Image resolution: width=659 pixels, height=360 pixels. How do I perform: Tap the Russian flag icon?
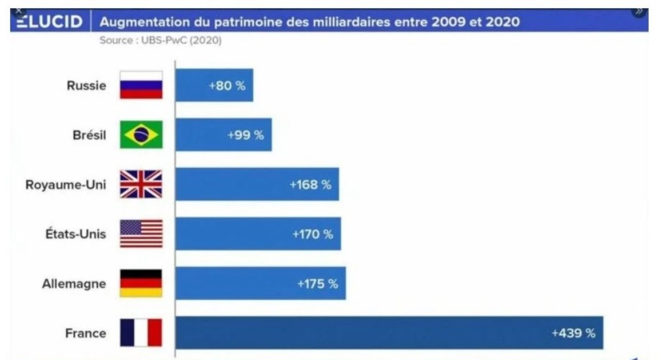141,85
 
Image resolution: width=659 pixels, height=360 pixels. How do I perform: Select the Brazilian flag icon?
141,134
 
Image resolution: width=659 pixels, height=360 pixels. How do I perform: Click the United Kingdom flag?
141,184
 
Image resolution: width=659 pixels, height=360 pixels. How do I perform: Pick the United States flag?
141,234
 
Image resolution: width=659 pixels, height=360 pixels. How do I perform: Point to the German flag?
141,283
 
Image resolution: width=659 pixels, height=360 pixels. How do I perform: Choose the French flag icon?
141,333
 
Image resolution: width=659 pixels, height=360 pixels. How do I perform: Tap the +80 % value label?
227,86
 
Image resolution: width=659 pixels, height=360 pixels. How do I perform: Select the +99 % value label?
245,135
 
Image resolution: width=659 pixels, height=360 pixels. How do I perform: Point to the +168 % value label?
311,185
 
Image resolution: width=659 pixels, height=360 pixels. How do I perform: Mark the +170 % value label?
312,234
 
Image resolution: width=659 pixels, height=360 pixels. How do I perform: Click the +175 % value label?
317,284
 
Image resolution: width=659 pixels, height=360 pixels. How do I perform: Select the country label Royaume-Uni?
66,184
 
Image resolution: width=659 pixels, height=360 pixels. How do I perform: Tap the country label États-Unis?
76,234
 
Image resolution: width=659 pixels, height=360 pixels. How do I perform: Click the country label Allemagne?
74,284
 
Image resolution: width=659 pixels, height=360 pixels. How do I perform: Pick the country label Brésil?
89,135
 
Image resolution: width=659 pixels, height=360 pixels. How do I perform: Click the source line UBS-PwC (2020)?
160,41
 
